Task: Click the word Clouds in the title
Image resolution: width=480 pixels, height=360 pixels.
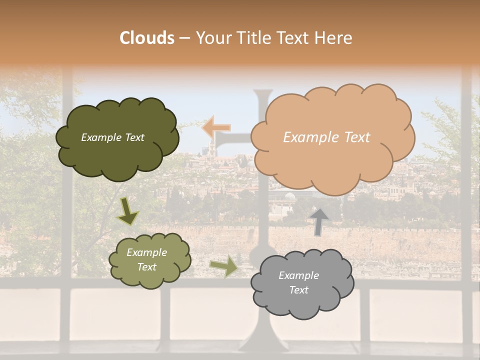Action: [x=147, y=38]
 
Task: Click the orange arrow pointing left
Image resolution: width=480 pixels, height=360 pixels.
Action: [x=216, y=127]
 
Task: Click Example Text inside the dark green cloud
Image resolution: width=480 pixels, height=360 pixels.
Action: [x=112, y=137]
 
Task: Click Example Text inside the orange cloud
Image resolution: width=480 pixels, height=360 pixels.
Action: [x=326, y=137]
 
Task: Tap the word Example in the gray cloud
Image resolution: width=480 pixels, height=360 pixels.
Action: [x=298, y=275]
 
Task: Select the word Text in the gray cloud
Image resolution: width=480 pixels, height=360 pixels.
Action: [x=298, y=290]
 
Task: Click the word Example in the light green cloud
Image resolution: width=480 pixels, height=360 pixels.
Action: [x=146, y=252]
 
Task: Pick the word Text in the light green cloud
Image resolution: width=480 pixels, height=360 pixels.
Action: [x=146, y=267]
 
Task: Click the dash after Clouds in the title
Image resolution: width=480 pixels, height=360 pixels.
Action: [x=184, y=38]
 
